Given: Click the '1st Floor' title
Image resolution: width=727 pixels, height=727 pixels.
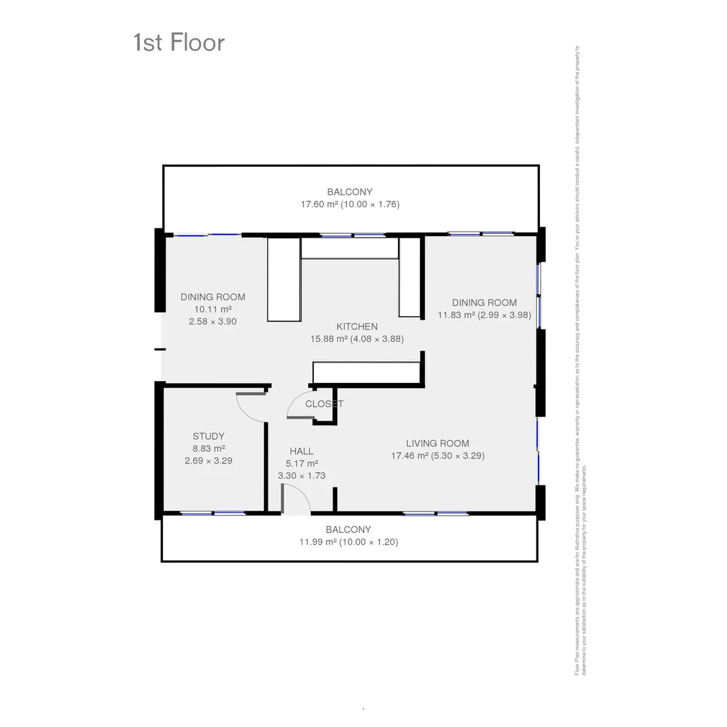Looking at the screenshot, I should [179, 42].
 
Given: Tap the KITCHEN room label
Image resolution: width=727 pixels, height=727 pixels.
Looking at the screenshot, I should [357, 326].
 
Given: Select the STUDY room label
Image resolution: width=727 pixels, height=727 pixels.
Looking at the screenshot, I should [209, 436].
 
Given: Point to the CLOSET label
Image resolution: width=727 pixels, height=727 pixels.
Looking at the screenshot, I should [324, 404].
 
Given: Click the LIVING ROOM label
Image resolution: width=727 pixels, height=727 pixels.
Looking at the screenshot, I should [438, 443].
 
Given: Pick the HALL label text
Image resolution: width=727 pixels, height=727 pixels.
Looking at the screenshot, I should [302, 451].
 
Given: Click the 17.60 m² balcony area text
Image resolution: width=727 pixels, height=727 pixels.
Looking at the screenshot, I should [350, 204].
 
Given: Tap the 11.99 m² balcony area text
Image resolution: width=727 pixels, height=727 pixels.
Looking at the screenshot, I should [348, 542].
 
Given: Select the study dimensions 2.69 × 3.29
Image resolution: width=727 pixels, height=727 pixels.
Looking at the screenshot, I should [209, 461].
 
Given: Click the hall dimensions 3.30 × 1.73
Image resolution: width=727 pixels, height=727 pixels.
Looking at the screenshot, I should [302, 475].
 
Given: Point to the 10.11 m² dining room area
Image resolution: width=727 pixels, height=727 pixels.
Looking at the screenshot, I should [213, 309].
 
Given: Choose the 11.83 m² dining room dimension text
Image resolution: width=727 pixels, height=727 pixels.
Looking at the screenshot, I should [485, 314].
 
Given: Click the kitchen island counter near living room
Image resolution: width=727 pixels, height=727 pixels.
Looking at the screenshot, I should [367, 372].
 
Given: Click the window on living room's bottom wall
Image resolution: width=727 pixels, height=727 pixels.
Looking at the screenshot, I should [436, 514].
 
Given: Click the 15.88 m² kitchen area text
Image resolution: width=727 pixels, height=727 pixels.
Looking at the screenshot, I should [357, 339].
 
